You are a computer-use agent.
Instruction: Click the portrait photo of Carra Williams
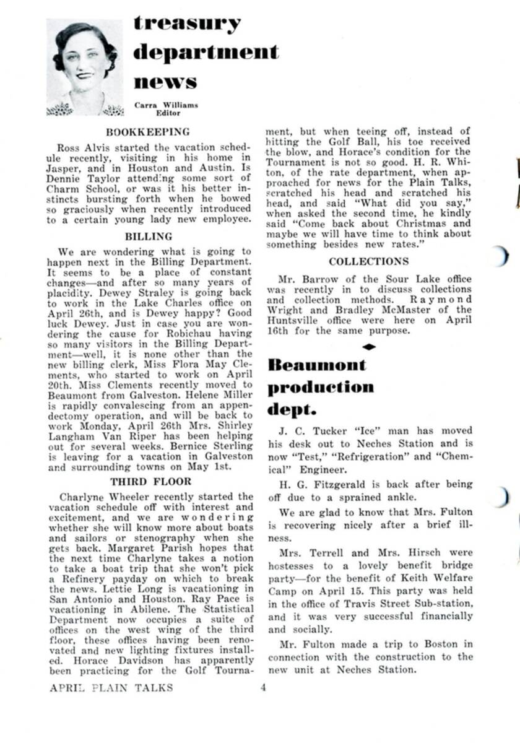pos(84,67)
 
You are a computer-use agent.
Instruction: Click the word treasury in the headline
pos(187,24)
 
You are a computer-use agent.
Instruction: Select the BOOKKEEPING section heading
pos(148,132)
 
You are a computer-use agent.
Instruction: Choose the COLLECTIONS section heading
pos(369,262)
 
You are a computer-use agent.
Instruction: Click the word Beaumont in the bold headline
pos(317,365)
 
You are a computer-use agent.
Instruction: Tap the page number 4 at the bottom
pos(262,687)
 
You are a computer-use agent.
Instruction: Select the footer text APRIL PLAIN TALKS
pos(112,687)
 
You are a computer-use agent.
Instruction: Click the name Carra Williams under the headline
pos(166,105)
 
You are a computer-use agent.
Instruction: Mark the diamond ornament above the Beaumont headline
pos(369,347)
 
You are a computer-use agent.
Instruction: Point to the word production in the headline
pos(321,387)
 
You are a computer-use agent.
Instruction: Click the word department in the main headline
pos(206,52)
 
